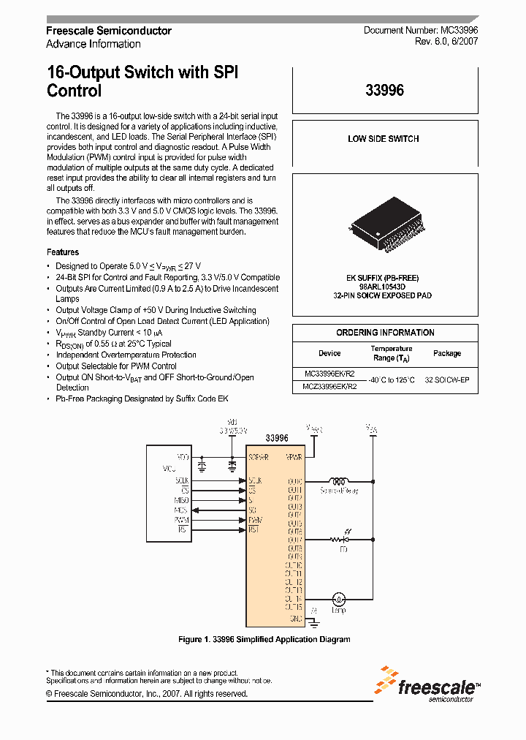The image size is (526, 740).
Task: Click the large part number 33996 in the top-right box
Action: coord(384,91)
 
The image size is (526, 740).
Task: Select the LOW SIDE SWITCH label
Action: coord(384,139)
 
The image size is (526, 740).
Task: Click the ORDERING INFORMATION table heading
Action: coord(385,333)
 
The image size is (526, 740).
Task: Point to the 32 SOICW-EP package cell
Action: coord(447,380)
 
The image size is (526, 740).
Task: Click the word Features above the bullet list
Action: coord(63,252)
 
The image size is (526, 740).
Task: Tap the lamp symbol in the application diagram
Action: coord(338,598)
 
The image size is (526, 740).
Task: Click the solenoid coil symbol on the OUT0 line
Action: coord(338,481)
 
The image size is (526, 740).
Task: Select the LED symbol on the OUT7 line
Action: coord(338,540)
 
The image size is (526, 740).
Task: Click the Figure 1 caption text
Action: coord(264,639)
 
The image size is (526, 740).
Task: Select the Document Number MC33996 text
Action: coord(421,31)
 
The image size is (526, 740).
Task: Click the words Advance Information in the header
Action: coord(94,44)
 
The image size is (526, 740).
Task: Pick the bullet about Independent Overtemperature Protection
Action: coord(126,355)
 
